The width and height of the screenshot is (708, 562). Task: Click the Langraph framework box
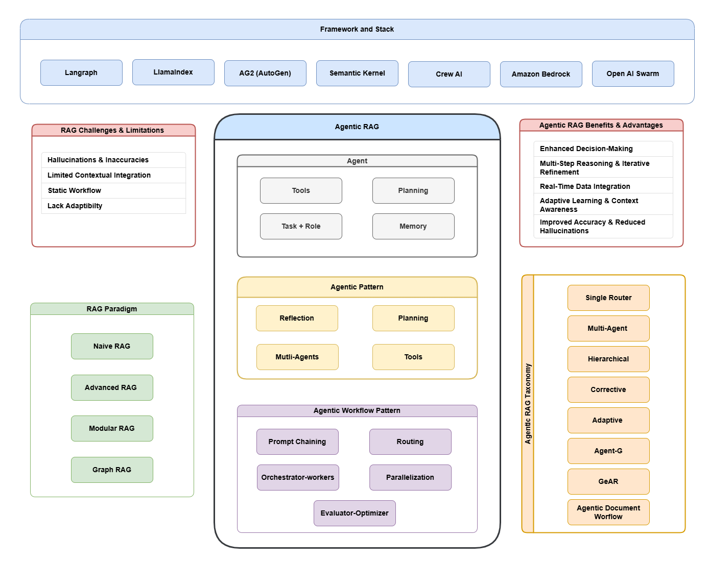81,72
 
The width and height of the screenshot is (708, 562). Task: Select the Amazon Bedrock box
541,74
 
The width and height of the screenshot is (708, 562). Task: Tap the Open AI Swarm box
633,74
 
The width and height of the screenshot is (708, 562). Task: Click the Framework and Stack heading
357,29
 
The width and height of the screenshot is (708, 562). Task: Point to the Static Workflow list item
75,190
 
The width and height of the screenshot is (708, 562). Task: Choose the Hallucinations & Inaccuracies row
98,160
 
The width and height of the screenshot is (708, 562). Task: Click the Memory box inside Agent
413,226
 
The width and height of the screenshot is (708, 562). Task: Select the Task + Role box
301,226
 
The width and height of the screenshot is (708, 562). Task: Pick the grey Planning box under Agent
413,190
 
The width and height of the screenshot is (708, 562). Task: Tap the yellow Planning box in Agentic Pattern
413,318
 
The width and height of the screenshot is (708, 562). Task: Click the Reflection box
297,318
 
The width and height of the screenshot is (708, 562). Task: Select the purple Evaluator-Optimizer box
355,513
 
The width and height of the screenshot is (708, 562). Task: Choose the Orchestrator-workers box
298,477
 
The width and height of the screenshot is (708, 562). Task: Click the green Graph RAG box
112,470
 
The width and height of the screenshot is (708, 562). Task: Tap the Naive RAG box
112,346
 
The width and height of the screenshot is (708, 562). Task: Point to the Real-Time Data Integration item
585,186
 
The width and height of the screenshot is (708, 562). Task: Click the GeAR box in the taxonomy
608,481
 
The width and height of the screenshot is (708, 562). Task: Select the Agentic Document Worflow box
608,512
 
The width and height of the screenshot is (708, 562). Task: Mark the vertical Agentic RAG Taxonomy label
528,403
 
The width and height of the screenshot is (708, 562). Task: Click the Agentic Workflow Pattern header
357,410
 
